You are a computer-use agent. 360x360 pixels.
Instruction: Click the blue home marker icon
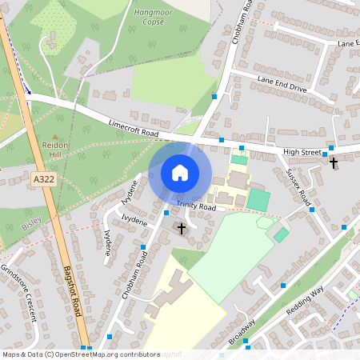point(180,172)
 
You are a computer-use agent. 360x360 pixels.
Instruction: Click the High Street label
point(301,151)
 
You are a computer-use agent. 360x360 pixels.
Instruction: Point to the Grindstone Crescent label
point(18,292)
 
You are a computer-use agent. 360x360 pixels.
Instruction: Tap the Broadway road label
point(242,330)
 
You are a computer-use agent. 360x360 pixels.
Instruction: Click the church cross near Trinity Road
point(182,229)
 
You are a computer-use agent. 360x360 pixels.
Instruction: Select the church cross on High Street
point(333,163)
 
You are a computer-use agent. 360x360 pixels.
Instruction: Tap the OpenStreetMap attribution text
point(81,354)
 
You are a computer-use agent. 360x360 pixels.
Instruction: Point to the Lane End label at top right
point(347,42)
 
